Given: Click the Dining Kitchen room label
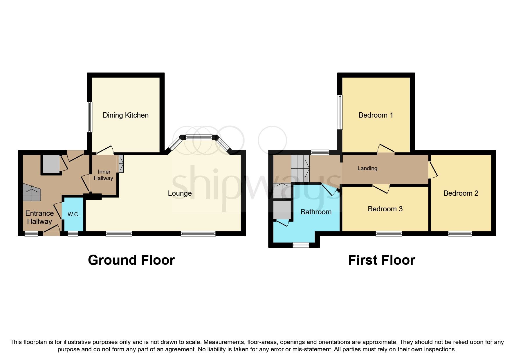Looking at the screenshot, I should [125, 115].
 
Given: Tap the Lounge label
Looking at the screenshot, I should [180, 193].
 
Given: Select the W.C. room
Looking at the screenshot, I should [73, 214].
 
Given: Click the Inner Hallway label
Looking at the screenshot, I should [104, 175].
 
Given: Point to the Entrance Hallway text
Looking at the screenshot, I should [39, 217].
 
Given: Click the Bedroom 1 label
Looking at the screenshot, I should [376, 115].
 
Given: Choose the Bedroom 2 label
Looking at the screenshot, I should [461, 193].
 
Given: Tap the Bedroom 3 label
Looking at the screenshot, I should [385, 209].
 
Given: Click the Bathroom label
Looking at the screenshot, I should [316, 212].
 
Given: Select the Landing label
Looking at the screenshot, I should [367, 168].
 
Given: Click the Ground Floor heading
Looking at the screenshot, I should [131, 260].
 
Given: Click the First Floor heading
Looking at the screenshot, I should [381, 260].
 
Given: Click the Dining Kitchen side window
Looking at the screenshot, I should [90, 117].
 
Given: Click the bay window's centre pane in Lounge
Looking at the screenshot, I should [199, 138].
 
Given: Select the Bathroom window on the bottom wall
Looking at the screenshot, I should [301, 245].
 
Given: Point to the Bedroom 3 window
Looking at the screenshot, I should [389, 233].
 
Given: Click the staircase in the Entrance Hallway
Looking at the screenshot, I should [32, 193].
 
